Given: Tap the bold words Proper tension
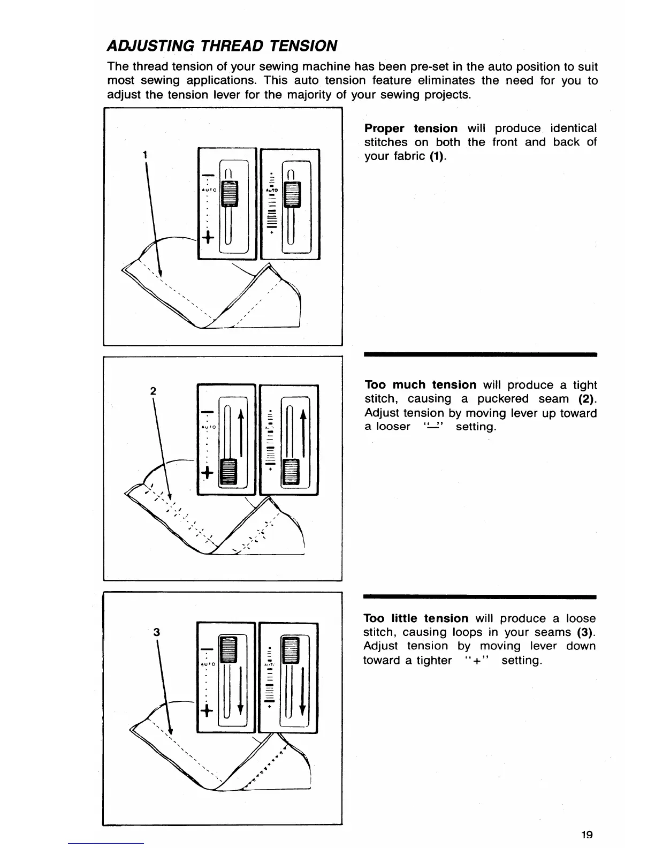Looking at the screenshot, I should pos(410,128).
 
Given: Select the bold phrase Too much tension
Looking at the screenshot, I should pos(420,385).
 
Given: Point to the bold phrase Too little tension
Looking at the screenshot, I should pos(416,618).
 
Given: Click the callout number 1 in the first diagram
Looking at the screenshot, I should pos(145,155).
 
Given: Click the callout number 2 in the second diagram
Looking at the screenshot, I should pos(153,391).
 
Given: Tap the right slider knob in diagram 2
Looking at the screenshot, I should pos(292,471).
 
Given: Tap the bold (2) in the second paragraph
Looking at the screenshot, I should pos(587,399).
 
